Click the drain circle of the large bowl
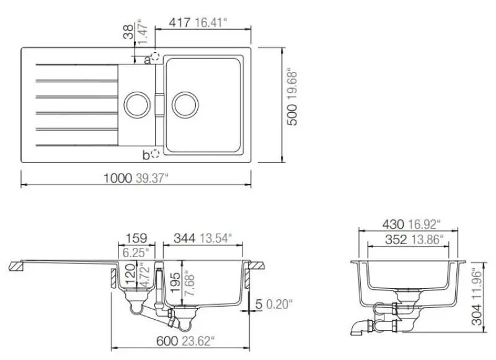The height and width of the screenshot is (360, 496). tap(184, 103)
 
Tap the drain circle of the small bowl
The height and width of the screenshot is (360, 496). tap(135, 103)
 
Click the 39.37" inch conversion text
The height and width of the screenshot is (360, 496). tap(151, 178)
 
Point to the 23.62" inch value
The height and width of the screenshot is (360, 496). tap(201, 340)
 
